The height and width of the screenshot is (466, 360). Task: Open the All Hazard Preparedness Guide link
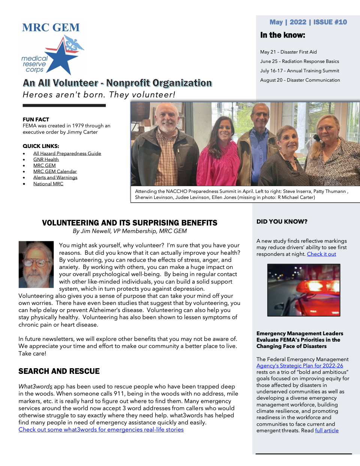[67, 153]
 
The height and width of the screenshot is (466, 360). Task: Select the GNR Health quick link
[46, 159]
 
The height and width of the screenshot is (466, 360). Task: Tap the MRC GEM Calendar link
[55, 171]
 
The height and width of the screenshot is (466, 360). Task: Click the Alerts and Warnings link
[55, 177]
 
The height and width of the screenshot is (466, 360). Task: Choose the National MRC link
[48, 184]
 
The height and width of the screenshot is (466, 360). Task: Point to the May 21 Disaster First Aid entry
[288, 52]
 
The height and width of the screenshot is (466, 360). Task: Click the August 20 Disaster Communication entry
[300, 80]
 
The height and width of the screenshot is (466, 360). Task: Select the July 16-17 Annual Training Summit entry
[299, 71]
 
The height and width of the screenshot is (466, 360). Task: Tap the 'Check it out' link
[321, 254]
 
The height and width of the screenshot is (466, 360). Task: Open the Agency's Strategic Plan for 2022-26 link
[300, 366]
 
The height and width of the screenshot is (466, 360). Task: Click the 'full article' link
[327, 430]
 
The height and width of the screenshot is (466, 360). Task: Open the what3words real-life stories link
[101, 430]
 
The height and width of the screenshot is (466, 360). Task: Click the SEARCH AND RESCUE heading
[59, 371]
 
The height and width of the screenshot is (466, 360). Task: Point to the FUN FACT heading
[36, 119]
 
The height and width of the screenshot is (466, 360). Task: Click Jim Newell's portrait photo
[36, 264]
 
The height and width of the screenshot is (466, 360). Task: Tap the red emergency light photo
[303, 290]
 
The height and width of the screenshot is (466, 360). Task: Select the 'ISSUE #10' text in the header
[330, 22]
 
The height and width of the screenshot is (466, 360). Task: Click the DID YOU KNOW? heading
[282, 222]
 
